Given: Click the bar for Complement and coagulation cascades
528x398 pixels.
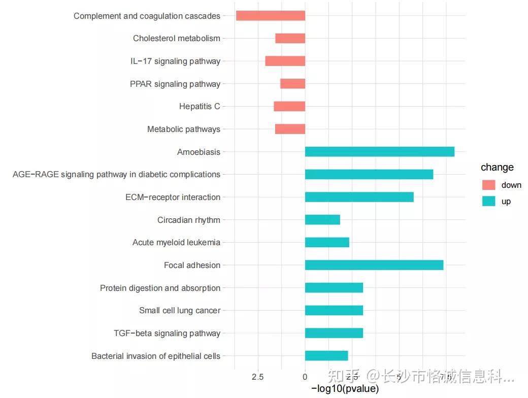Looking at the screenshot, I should coord(271,16).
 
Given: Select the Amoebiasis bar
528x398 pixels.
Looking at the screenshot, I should coord(379,152).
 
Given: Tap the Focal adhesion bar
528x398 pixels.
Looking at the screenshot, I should coord(374,265).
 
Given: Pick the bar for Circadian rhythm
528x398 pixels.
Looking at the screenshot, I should coord(322,220).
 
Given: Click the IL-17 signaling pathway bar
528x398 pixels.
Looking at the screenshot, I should coord(285,61).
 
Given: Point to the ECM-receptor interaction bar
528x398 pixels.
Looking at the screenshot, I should coord(359,197).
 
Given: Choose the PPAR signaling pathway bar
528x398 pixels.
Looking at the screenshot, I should coord(292,84).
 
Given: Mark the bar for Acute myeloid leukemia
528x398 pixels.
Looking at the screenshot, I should coord(327,242).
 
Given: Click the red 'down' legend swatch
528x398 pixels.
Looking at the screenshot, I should coord(488,185).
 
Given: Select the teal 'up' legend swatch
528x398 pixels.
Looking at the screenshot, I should coord(488,201).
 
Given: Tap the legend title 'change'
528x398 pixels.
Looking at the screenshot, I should coord(497,168).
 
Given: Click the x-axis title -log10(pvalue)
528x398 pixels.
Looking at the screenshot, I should coord(345,389).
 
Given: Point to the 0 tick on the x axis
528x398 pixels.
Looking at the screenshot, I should coord(305,377).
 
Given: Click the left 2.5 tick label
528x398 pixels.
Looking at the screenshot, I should coord(258,377).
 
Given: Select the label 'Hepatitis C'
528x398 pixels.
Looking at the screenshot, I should coord(200,107).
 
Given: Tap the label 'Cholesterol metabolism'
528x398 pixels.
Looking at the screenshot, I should coord(177,39).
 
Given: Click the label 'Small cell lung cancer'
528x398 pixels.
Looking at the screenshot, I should coord(180,311).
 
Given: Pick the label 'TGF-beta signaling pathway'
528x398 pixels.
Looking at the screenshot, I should coord(167,334).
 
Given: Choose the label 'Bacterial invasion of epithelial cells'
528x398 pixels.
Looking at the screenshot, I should coord(156,356).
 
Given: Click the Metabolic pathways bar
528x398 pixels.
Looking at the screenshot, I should coord(290,129).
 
